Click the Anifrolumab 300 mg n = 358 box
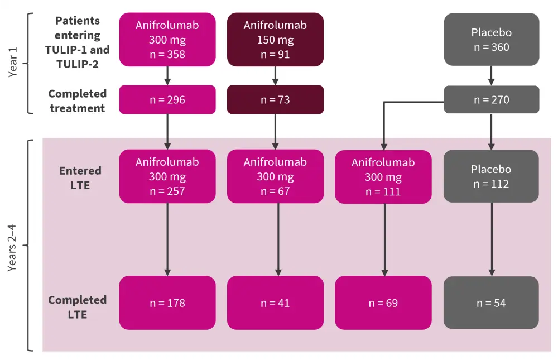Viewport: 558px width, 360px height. click(167, 40)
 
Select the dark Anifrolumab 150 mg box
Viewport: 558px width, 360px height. click(275, 40)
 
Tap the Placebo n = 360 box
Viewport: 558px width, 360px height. click(491, 40)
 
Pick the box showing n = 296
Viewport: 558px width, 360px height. click(167, 100)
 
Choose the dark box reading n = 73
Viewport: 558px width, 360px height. click(275, 100)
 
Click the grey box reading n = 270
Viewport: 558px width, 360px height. click(491, 100)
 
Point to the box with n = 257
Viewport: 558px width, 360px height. click(167, 176)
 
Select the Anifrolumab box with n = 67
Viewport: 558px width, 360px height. click(275, 176)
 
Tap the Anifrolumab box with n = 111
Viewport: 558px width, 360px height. click(383, 177)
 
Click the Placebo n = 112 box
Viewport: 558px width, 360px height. click(491, 176)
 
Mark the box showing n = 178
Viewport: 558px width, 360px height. click(167, 303)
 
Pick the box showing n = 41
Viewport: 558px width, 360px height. click(275, 303)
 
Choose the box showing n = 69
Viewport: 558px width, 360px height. click(383, 303)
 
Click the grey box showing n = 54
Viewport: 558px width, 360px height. click(491, 303)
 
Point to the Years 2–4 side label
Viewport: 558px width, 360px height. click(13, 246)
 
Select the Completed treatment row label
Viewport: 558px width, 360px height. click(77, 100)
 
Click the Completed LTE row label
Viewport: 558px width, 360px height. click(77, 307)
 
